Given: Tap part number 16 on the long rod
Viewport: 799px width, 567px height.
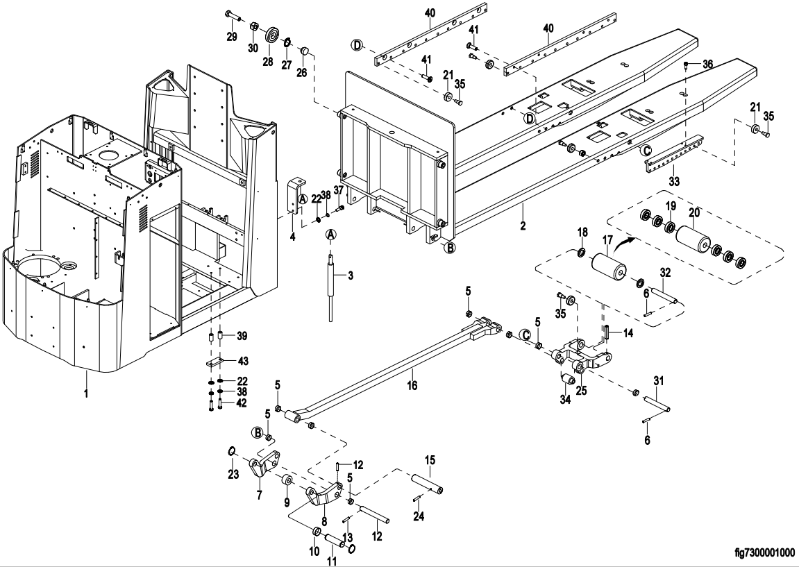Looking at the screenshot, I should [412, 384].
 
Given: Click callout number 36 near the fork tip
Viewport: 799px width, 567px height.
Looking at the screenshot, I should [707, 65].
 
